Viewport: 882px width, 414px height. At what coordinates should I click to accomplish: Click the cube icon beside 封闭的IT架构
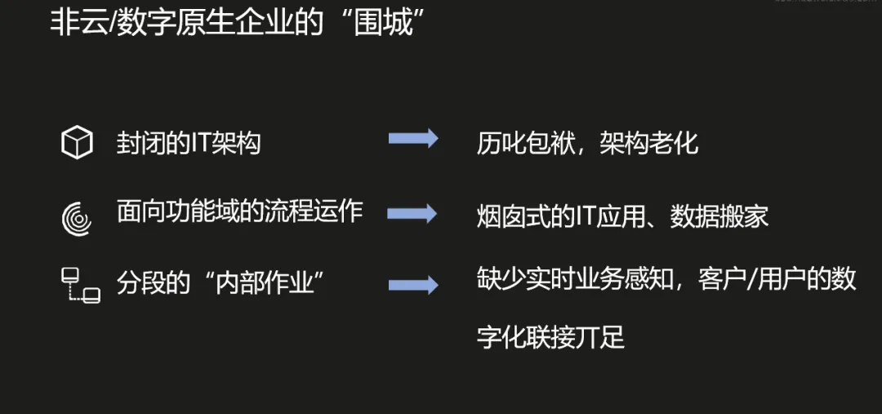pos(78,144)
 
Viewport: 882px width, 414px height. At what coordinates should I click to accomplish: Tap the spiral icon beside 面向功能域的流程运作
pos(78,217)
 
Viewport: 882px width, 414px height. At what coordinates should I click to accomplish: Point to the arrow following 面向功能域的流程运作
pos(412,213)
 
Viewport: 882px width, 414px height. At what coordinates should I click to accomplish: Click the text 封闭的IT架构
pos(189,144)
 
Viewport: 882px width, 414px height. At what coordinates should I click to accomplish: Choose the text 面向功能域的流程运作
pos(239,212)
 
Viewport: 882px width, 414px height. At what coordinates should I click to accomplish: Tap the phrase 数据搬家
pos(719,216)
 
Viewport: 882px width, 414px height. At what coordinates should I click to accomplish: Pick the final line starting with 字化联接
pos(551,336)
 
